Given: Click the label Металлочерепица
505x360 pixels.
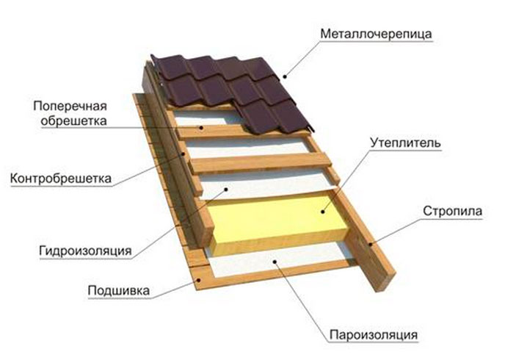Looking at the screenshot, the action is pos(376,34).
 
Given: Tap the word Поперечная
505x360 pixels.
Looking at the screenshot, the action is pos(70,106).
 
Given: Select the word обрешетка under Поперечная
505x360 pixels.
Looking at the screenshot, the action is pos(73,121).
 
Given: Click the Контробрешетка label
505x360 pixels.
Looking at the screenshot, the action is pos(61,179).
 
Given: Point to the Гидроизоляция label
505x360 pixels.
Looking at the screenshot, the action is pos(85,251).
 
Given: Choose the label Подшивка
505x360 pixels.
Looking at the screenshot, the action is pos(119,291).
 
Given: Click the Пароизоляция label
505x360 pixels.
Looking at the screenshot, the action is pos(374,335).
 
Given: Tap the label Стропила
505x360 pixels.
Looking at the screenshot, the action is pos(452,211).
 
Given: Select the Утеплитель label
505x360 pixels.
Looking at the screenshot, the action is pos(405,143).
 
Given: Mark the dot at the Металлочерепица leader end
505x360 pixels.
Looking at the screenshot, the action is pos(284,76).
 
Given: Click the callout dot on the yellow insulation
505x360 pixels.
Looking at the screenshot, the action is pos(322,212).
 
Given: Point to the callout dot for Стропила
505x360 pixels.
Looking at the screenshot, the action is pos(371,244).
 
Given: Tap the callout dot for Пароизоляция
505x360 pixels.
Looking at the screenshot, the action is pos(275,262).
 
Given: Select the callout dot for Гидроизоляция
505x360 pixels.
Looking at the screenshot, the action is pos(226,190).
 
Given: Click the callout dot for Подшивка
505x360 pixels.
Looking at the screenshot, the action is pos(199,280).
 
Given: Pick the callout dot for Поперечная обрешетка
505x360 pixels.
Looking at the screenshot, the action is pos(201,128).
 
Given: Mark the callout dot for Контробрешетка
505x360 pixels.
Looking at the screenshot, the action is pos(183,154).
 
